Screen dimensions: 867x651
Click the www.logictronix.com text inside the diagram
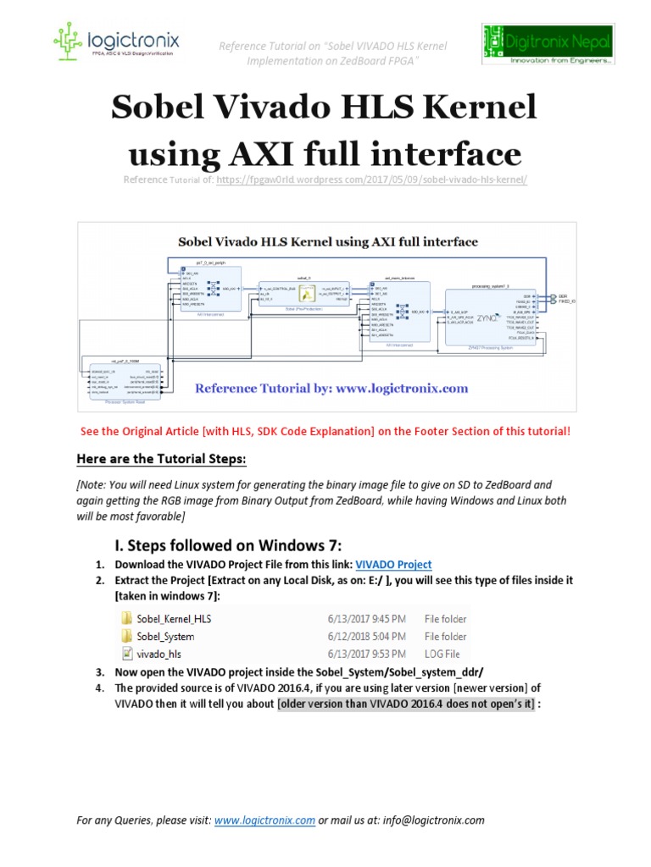pyautogui.click(x=403, y=389)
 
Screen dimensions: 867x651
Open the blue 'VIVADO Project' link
pyautogui.click(x=392, y=565)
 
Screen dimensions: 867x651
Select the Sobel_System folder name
pyautogui.click(x=166, y=636)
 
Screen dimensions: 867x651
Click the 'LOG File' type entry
pyautogui.click(x=442, y=653)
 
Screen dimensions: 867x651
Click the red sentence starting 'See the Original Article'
pyautogui.click(x=325, y=431)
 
